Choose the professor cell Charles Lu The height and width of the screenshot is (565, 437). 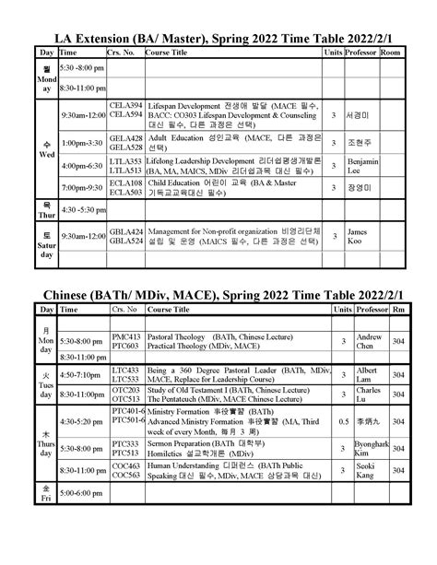pos(368,396)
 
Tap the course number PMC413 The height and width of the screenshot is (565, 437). pos(125,337)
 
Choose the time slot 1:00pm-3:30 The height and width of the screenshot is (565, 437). pos(82,144)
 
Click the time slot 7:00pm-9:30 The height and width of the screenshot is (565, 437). pos(82,188)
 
